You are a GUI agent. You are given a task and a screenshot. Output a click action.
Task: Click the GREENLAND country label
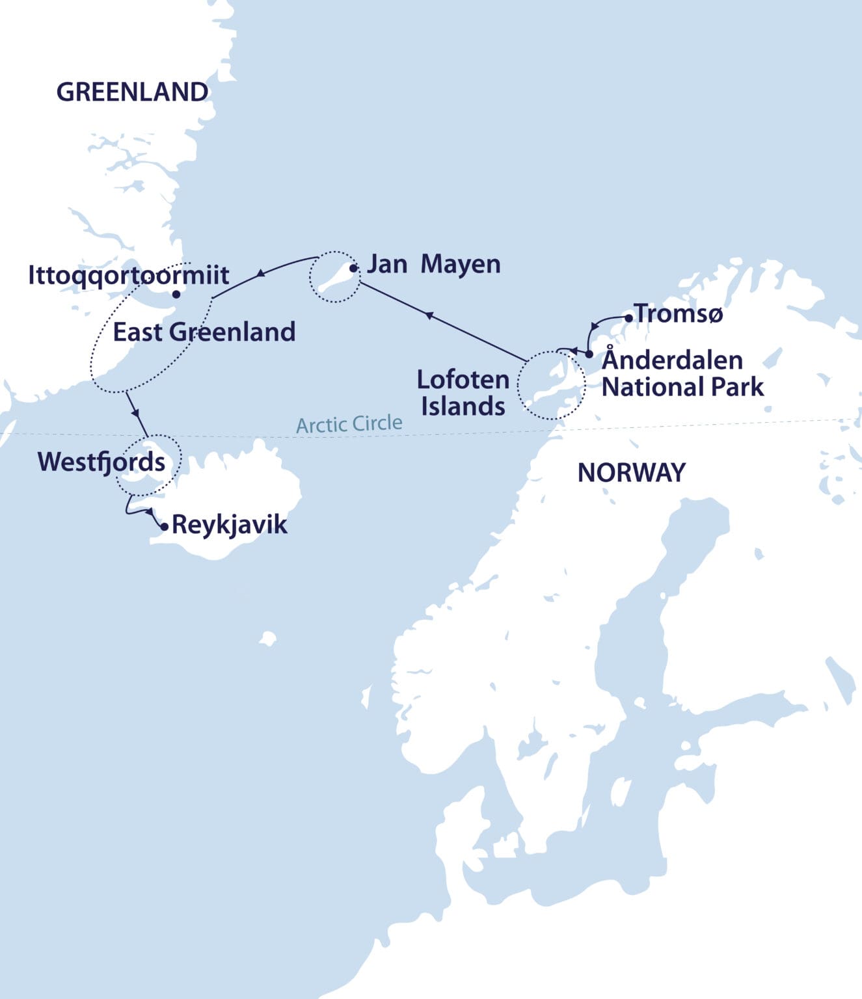[132, 92]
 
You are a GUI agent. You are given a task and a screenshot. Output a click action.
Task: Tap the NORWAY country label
[631, 473]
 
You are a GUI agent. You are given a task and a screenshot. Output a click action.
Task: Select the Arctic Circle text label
[349, 424]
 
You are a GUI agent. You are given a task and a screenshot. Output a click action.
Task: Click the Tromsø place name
[679, 314]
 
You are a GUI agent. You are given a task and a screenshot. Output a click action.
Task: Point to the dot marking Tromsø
[628, 318]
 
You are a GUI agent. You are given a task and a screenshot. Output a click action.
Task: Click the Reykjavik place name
[229, 524]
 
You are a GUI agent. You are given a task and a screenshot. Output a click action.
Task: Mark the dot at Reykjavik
[165, 527]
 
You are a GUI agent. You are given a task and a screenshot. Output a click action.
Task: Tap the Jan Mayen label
[433, 264]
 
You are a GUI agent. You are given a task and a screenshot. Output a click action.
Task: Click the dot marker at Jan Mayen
[353, 268]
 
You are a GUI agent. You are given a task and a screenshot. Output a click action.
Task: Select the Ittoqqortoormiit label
[128, 275]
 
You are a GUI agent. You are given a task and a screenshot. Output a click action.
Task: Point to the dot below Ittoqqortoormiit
[176, 294]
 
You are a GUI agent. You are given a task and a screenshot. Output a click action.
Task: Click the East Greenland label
[204, 332]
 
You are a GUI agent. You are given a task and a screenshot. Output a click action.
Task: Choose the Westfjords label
[101, 462]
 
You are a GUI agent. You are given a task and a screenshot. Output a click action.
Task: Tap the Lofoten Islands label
[463, 393]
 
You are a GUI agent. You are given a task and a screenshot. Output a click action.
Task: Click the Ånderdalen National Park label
[682, 373]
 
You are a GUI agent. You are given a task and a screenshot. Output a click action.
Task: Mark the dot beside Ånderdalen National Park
[589, 354]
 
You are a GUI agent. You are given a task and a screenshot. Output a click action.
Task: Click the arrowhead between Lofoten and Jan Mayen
[429, 315]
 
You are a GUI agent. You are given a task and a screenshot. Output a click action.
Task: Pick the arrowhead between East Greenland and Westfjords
[135, 412]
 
